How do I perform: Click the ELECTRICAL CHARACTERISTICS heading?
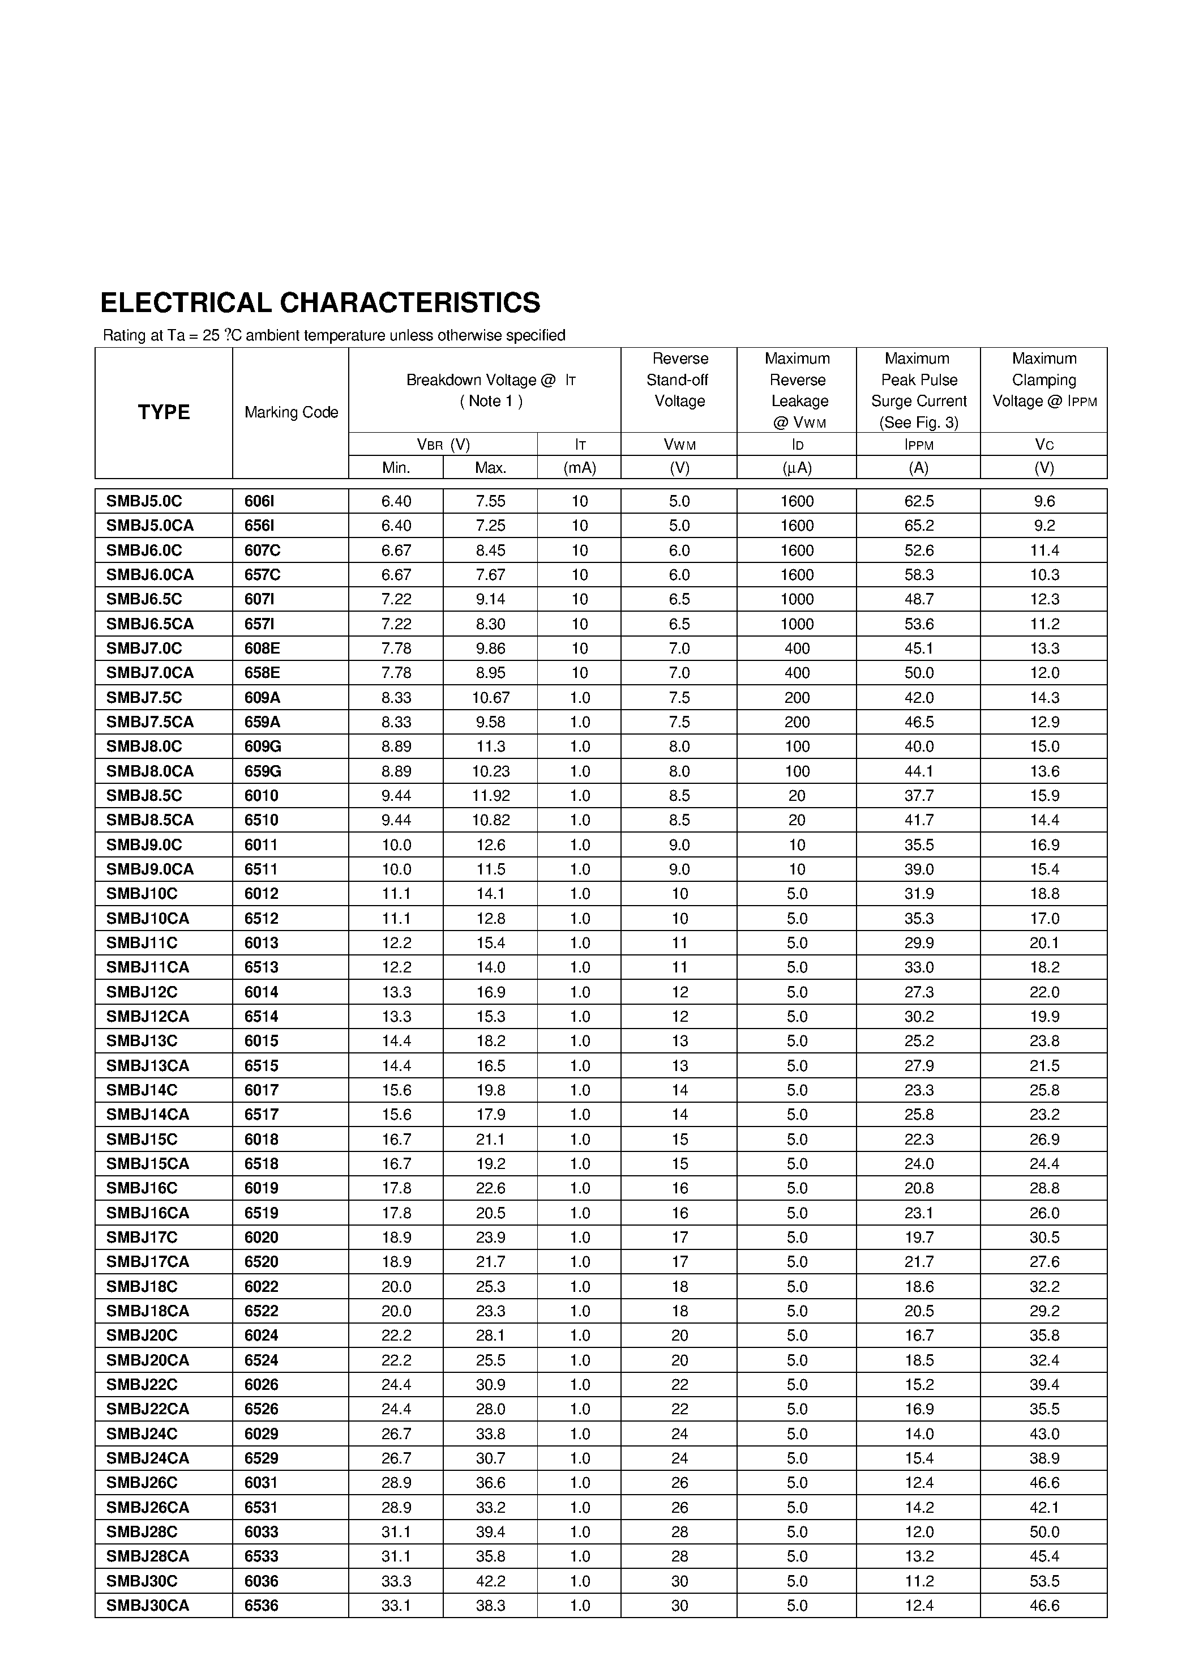320,303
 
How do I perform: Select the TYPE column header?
164,412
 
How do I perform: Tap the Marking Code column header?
291,412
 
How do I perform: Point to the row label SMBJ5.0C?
144,501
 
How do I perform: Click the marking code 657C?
262,574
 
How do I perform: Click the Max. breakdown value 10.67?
491,697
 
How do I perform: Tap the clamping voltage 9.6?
1044,501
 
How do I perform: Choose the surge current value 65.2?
918,526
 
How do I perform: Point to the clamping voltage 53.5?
1044,1581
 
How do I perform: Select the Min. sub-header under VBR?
396,467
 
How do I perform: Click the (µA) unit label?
797,467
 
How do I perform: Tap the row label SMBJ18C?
142,1286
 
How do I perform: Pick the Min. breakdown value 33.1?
396,1605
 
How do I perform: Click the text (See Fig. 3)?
918,423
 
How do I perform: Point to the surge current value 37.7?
918,795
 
